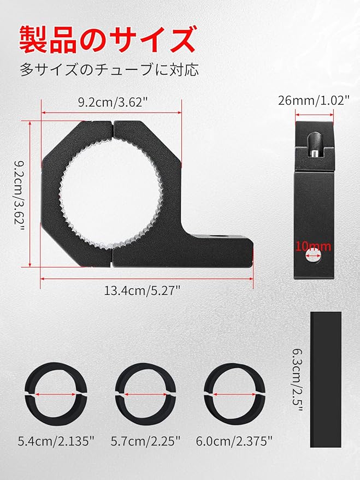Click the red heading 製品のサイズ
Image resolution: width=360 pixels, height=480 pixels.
point(108,39)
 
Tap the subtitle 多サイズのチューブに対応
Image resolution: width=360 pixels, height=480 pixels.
point(110,70)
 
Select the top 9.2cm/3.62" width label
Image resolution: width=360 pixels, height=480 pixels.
point(111,102)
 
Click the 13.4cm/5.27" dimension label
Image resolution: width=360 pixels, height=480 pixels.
point(143,291)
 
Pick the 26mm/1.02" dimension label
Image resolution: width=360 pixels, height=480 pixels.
point(314,100)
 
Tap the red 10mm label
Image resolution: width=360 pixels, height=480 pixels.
point(313,246)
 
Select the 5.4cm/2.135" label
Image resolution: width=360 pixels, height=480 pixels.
point(56,441)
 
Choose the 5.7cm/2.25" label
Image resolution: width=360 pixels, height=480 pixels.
point(146,441)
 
